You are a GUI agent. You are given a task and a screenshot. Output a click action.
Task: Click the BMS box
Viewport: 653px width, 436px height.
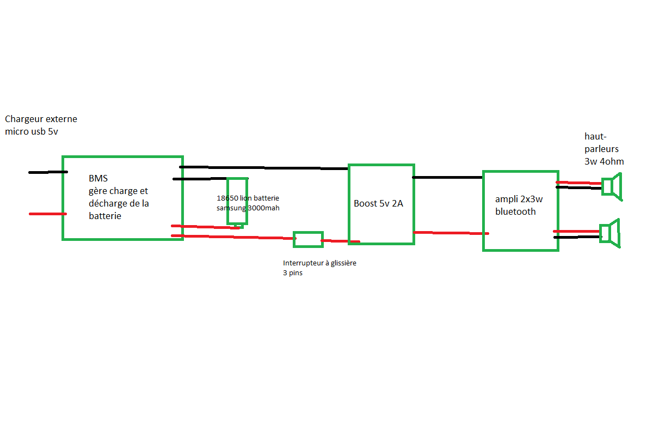point(122,198)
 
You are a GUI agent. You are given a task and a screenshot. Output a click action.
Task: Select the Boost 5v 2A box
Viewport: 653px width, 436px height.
point(381,204)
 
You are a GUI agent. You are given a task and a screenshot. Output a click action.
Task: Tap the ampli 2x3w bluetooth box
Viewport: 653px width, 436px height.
point(520,210)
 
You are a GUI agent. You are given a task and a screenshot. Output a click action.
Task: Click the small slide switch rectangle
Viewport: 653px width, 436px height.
point(308,239)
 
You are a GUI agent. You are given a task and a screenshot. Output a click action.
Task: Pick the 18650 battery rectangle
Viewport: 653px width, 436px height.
point(237,201)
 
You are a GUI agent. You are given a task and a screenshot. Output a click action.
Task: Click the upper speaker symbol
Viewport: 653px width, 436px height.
point(612,186)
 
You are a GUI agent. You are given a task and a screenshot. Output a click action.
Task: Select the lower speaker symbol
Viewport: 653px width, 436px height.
point(609,233)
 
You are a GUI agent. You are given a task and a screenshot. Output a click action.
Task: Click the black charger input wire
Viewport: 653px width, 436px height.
point(48,172)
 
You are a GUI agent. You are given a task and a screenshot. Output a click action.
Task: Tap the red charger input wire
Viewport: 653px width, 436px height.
point(48,214)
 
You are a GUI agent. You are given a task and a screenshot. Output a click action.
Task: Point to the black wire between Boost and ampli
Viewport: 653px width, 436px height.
point(447,177)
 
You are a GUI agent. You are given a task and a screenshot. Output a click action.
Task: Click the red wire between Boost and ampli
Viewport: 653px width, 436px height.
point(449,233)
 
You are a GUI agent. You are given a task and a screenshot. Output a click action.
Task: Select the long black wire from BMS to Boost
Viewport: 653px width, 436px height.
point(264,167)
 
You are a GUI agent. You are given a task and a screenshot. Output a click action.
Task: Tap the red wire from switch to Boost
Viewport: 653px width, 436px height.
point(340,241)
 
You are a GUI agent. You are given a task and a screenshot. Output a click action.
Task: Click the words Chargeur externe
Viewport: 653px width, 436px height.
point(41,119)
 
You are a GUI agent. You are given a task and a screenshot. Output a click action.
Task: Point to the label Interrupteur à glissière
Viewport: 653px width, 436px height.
point(319,263)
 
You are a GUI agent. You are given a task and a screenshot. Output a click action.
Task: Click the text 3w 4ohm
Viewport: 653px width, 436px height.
point(604,161)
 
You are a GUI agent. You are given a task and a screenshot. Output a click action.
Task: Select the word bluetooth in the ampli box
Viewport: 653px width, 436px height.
point(515,211)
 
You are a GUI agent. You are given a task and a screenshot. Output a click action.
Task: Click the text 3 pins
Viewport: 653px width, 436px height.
point(292,273)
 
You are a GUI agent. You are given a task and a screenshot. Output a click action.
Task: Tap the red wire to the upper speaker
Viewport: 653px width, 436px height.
point(578,183)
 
